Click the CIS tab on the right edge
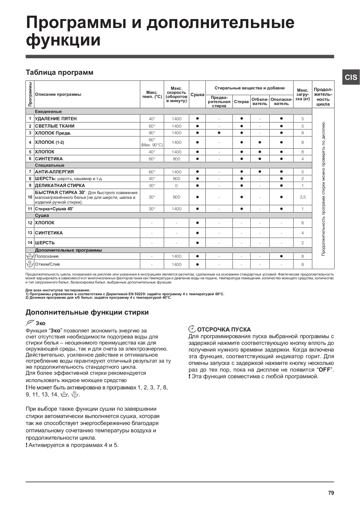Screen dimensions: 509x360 click(x=351, y=77)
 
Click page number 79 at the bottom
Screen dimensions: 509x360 click(x=331, y=493)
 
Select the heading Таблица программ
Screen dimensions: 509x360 click(x=59, y=72)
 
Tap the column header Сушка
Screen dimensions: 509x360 click(x=197, y=94)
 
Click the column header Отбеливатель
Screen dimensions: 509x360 click(x=260, y=101)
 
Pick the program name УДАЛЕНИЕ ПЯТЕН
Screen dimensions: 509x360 click(x=56, y=119)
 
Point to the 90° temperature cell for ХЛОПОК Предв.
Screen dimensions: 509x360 click(x=152, y=133)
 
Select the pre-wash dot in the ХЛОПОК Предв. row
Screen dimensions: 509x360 click(x=219, y=133)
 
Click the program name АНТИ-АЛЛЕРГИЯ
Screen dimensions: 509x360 click(x=54, y=172)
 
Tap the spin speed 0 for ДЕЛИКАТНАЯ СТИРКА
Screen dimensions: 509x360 click(x=177, y=185)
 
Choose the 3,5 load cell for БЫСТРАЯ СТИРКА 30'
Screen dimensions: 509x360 click(x=302, y=197)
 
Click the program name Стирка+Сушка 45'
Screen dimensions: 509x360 click(x=54, y=209)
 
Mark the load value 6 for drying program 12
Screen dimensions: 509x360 click(x=302, y=223)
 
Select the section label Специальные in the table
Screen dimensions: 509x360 click(x=50, y=165)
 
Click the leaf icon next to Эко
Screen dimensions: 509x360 click(x=30, y=323)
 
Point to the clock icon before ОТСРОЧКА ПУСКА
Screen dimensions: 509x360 click(x=192, y=329)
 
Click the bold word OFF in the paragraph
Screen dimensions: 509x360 click(x=324, y=370)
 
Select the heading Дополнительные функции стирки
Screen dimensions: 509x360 click(x=87, y=312)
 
